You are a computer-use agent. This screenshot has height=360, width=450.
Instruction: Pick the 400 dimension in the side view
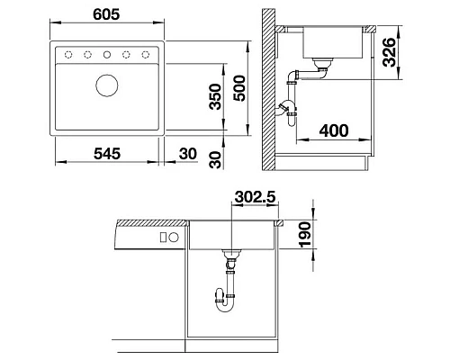333,131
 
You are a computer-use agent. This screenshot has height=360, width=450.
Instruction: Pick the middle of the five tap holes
107,55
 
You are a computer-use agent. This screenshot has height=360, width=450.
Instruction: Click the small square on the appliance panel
163,238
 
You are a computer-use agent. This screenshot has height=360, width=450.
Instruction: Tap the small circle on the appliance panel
175,238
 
